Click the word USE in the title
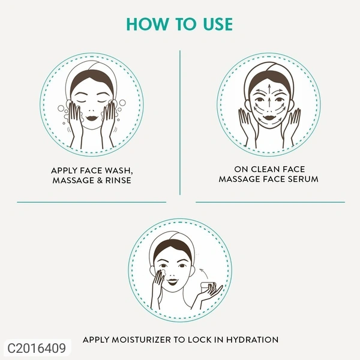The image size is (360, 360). [215, 25]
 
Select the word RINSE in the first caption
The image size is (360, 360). [117, 180]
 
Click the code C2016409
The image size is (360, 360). [35, 346]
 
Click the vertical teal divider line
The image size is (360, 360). [180, 122]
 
